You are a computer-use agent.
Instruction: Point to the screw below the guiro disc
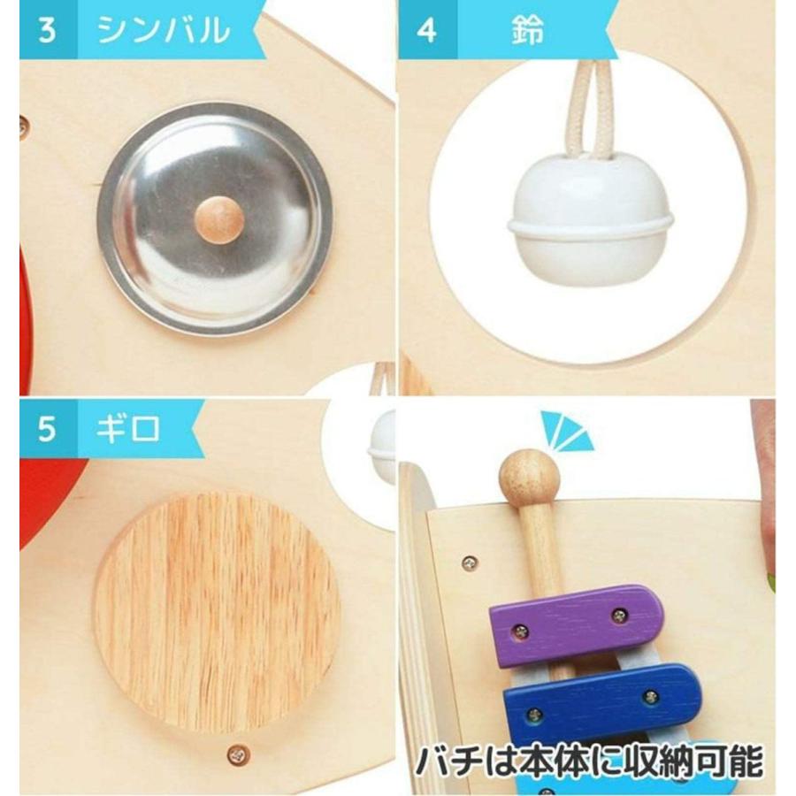pos(236,754)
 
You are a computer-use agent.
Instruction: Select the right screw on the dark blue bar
pos(652,697)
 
